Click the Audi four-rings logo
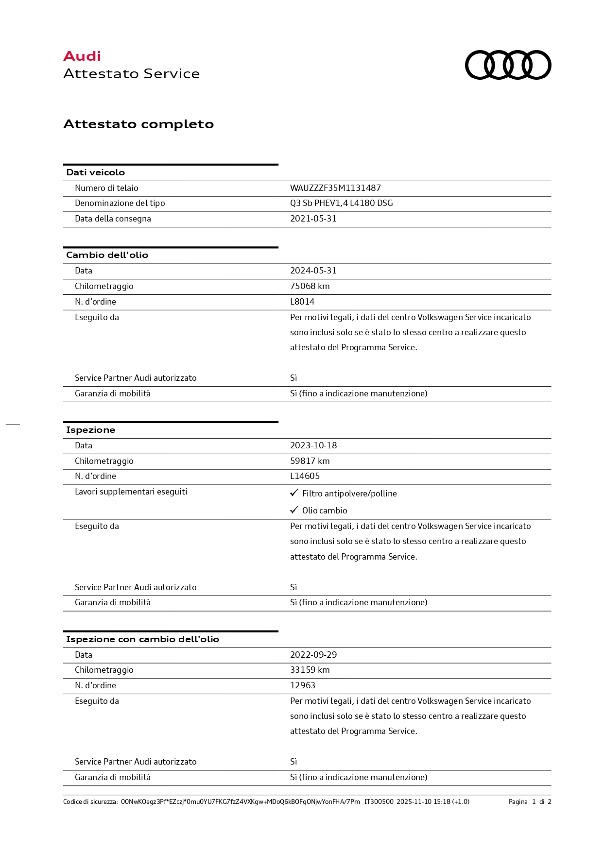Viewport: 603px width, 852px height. (508, 65)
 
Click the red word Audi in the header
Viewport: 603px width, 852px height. (82, 56)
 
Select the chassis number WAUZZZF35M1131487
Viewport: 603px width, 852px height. (335, 188)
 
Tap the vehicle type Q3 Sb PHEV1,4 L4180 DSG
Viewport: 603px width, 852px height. (341, 203)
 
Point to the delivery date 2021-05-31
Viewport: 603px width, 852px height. (313, 219)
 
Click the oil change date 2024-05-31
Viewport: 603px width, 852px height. (313, 271)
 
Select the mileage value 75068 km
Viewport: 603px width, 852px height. (310, 286)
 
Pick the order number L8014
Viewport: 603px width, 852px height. (302, 302)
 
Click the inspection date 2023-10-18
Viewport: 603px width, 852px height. (313, 445)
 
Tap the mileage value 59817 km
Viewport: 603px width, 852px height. (310, 461)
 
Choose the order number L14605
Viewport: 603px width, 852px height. (305, 476)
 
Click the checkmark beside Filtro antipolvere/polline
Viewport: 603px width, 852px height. (294, 493)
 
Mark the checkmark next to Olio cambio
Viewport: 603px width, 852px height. (294, 510)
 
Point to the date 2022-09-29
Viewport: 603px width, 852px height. (313, 655)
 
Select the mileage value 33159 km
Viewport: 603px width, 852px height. (310, 670)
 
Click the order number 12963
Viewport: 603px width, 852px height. (302, 685)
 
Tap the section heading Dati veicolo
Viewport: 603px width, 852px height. (95, 172)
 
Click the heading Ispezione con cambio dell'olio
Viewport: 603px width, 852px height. (142, 639)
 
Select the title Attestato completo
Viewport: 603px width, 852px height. (138, 124)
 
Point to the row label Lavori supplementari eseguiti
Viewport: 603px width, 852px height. (131, 492)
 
